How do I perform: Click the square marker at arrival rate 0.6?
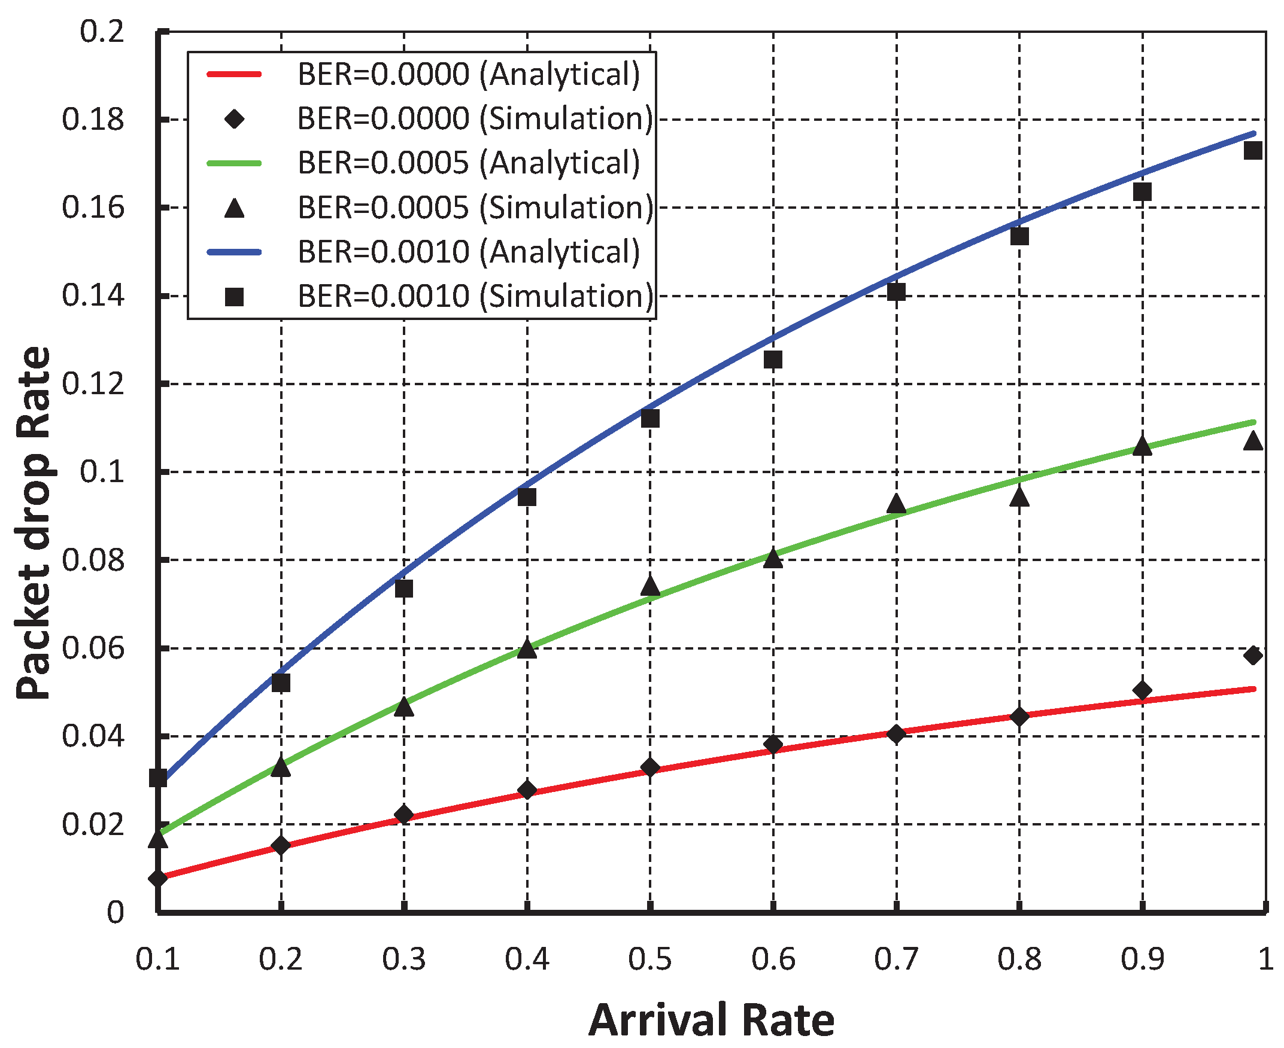(x=773, y=360)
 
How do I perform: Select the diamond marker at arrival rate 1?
(x=1253, y=655)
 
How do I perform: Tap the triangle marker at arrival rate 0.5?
(x=650, y=585)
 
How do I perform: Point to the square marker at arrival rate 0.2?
(x=281, y=683)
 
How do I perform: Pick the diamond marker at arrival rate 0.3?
(x=404, y=815)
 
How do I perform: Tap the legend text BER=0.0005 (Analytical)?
(x=468, y=163)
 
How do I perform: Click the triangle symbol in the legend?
(x=234, y=209)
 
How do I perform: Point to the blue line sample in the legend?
(x=234, y=252)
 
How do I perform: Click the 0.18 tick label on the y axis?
(x=93, y=120)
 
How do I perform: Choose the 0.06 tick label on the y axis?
(x=93, y=648)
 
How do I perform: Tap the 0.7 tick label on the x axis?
(x=896, y=959)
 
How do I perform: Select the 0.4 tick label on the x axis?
(x=527, y=959)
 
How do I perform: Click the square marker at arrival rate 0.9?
(x=1142, y=192)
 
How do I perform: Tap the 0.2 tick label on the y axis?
(x=102, y=31)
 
